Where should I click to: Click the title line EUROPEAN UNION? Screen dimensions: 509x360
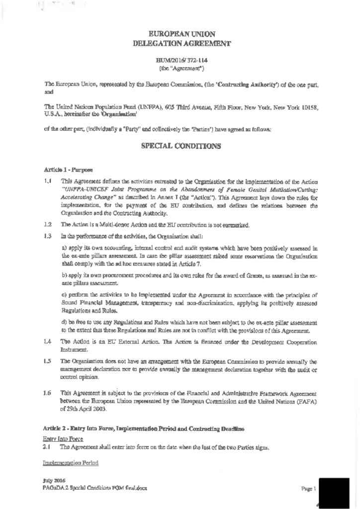click(x=182, y=34)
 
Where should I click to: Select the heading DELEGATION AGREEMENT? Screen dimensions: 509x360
click(x=182, y=44)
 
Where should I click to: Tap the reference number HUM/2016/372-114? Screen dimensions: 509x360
click(x=182, y=60)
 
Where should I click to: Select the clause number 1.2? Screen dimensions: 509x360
click(x=48, y=225)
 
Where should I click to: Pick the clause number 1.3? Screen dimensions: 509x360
click(x=48, y=235)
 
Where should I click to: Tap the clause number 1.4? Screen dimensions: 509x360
click(x=48, y=342)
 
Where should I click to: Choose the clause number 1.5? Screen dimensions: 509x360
click(x=48, y=361)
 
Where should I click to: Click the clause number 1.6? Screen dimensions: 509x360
click(x=48, y=393)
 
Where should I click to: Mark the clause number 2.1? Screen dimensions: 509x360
click(x=48, y=448)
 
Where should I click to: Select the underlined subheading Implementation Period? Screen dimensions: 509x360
click(x=70, y=463)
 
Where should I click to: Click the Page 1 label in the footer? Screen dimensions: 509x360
click(x=309, y=489)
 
